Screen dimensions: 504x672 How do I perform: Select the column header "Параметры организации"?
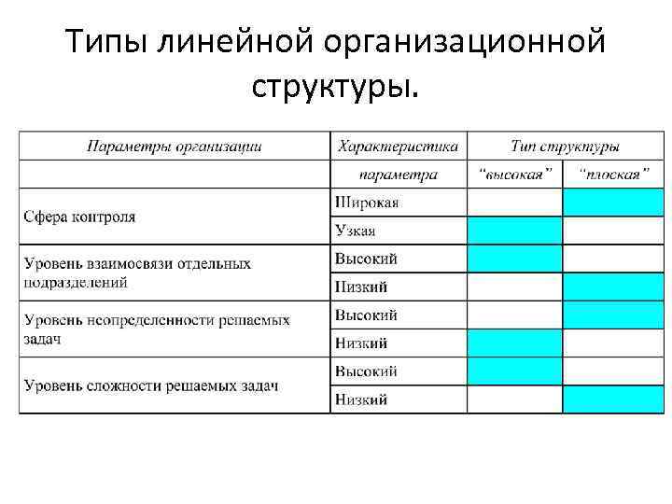pos(175,147)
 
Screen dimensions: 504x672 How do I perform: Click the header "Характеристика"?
pos(399,147)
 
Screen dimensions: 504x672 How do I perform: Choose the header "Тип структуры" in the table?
pos(565,147)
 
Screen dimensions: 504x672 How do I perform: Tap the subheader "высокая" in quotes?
pos(514,175)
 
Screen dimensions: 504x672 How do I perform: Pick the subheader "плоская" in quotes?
pos(610,175)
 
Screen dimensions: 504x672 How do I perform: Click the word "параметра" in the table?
pos(399,175)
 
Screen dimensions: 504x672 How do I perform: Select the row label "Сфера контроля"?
pos(79,217)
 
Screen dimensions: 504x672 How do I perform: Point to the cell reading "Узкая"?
pos(356,231)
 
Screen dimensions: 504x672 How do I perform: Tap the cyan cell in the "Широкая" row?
pos(612,203)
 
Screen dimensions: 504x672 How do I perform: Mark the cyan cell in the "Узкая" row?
pos(514,231)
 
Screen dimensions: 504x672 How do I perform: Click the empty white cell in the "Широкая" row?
pos(514,203)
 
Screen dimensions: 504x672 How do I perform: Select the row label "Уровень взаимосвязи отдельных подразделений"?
pos(137,273)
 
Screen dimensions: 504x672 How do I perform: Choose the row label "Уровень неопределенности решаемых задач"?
pos(157,329)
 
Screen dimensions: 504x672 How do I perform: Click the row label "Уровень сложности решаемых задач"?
pos(151,385)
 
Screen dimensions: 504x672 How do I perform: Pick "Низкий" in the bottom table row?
pos(361,399)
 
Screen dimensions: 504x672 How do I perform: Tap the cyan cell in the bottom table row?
pos(612,399)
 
